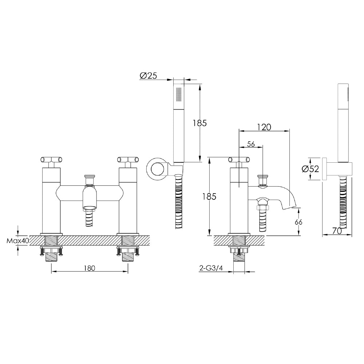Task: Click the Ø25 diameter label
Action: pos(148,76)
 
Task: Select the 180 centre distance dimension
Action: pos(90,268)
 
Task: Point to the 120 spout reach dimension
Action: pos(264,127)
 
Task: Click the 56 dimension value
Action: pos(251,144)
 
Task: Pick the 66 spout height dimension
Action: pos(298,222)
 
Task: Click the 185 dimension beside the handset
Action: pos(199,123)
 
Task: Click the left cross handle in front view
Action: pos(51,159)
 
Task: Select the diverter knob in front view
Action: pos(90,179)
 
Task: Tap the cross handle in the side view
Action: pos(239,159)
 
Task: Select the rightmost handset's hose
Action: pos(343,204)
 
